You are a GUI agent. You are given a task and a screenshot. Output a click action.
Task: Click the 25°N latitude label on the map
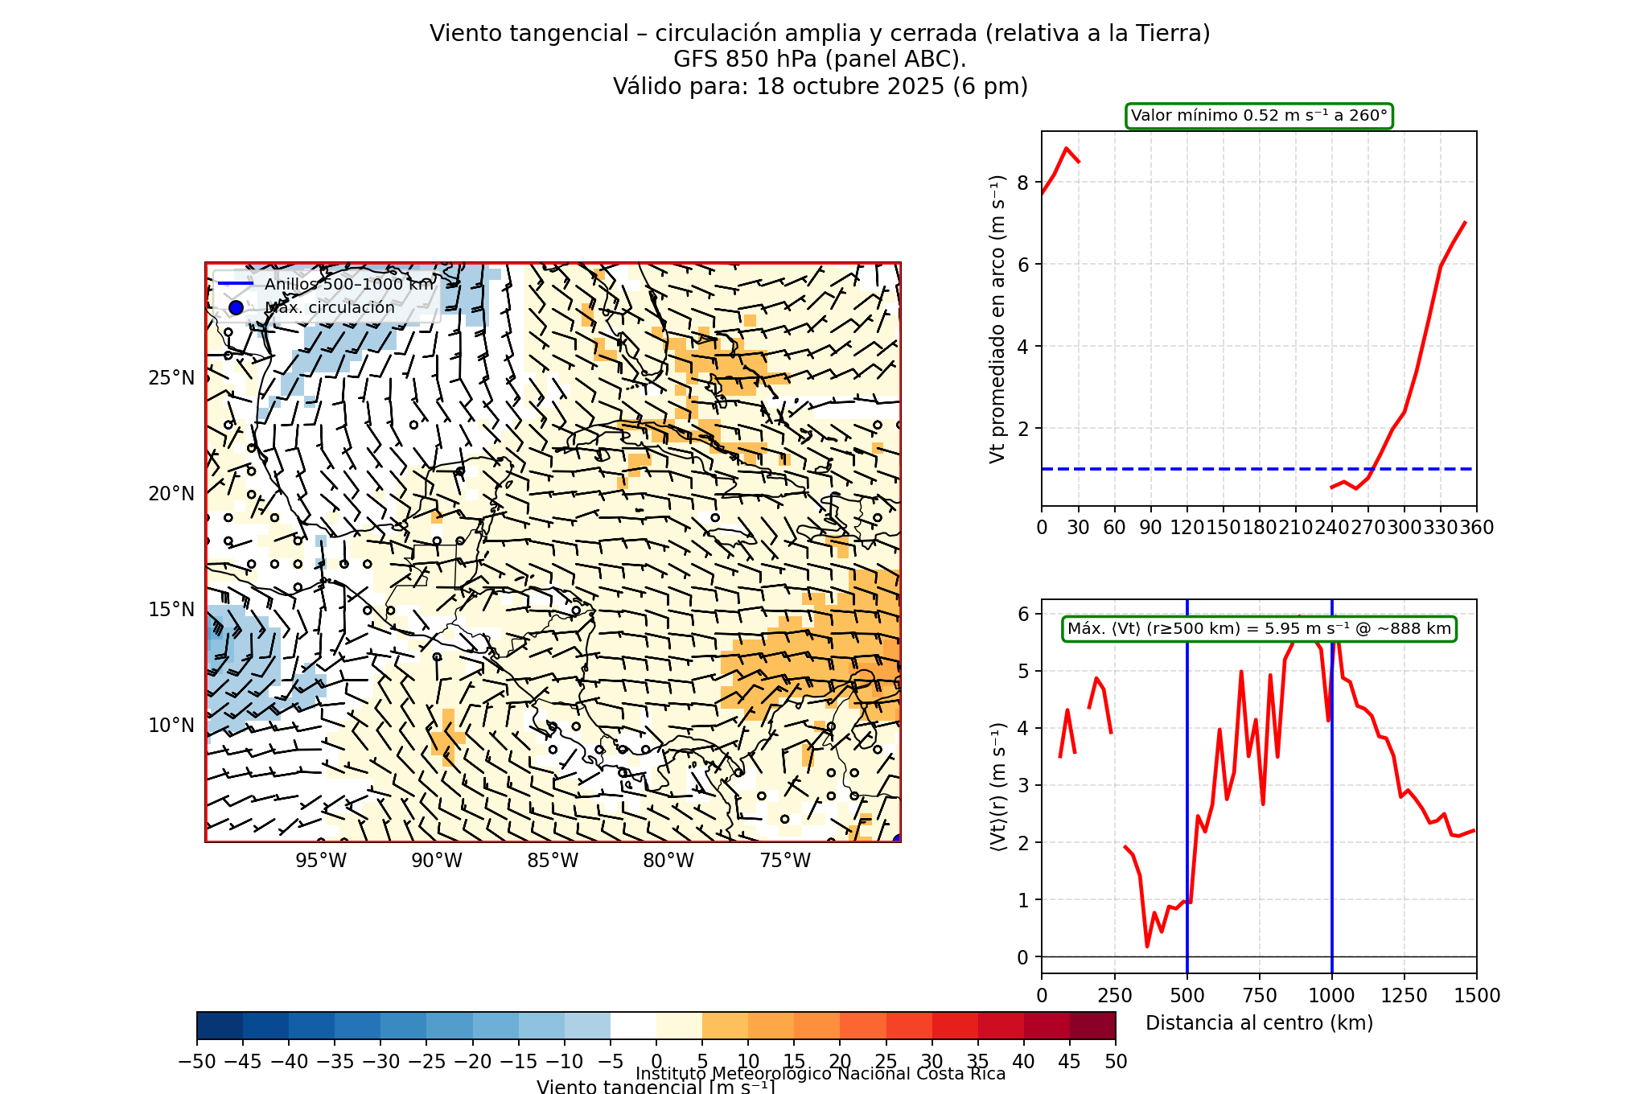point(171,378)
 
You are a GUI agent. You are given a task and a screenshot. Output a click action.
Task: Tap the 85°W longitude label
point(553,861)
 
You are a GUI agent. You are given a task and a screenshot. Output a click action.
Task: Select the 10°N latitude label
point(171,726)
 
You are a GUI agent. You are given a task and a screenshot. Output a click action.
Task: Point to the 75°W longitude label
point(785,861)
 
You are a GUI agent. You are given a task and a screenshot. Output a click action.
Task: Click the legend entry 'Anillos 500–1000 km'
point(348,284)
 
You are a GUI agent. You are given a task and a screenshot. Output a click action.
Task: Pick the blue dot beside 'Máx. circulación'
point(236,307)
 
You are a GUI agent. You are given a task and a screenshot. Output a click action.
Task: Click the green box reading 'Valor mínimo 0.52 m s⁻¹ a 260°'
point(1259,116)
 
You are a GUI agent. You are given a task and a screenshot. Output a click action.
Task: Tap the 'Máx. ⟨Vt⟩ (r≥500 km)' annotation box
point(1259,629)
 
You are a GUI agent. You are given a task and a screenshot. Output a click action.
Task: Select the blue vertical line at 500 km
point(1187,804)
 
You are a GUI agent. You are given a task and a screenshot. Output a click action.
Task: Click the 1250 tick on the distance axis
point(1404,996)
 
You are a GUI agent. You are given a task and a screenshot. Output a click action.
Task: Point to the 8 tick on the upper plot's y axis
point(1022,183)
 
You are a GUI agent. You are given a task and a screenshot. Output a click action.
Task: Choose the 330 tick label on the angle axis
point(1441,528)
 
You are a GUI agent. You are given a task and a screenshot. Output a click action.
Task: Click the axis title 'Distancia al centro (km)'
point(1259,1023)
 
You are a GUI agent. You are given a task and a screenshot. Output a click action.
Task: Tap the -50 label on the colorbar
point(197,1062)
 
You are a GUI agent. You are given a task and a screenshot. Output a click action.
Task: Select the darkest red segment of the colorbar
point(1092,1026)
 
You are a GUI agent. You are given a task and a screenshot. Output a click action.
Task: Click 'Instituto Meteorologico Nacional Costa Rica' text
point(820,1074)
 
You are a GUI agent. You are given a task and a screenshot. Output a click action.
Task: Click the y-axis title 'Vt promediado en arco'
point(997,319)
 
